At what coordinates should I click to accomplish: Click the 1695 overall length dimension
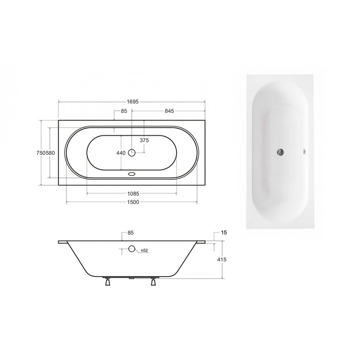click(x=133, y=102)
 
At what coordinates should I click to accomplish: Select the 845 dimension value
click(x=169, y=111)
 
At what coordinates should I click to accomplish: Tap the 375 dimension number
click(x=144, y=140)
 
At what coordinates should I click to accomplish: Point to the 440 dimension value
click(x=121, y=153)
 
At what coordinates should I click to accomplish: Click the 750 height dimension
click(x=41, y=153)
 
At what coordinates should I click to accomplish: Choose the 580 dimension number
click(x=50, y=153)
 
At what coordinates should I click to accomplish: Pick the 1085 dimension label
click(x=133, y=194)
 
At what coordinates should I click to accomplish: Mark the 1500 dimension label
click(x=133, y=202)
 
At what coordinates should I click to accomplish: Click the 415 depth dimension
click(x=222, y=260)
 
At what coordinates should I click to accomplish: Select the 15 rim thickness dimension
click(x=224, y=233)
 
